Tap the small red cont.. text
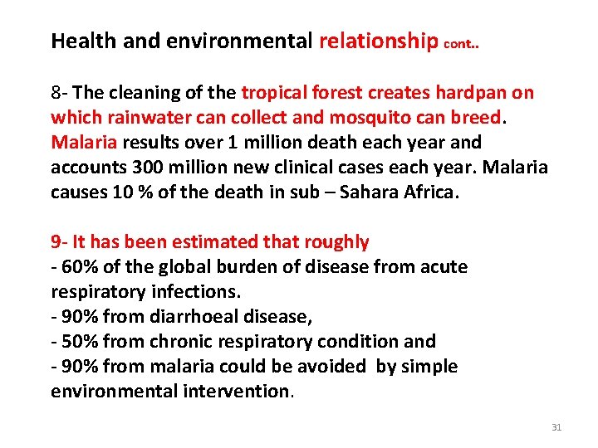(461, 44)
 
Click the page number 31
(556, 427)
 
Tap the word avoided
(331, 367)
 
